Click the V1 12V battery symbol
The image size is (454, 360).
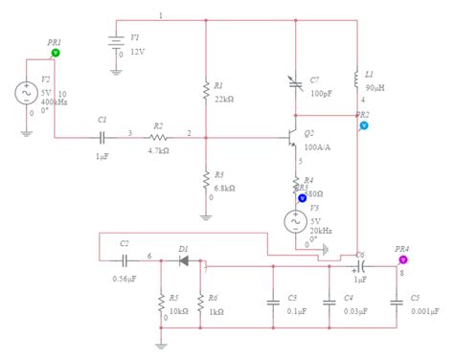[116, 43]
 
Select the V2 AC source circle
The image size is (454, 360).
[21, 93]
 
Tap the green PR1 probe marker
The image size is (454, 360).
[55, 54]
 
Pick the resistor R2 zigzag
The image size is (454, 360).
[158, 137]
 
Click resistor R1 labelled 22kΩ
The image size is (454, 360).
[206, 90]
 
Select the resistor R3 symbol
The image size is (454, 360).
[206, 180]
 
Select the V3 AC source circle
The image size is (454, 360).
[296, 221]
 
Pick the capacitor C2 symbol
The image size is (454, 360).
[124, 259]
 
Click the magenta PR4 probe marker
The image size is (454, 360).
[403, 259]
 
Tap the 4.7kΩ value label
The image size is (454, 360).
[159, 150]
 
